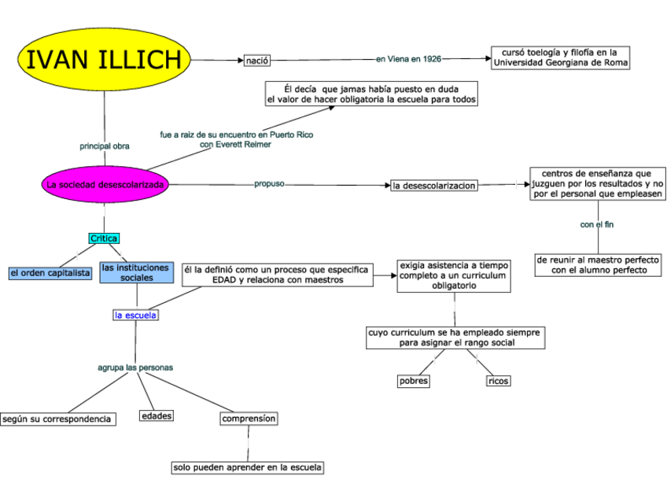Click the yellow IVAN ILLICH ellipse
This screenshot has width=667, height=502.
[104, 59]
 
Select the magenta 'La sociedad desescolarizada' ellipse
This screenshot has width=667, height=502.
[105, 185]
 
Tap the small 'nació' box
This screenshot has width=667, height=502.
[256, 60]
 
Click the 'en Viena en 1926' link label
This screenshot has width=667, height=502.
[408, 59]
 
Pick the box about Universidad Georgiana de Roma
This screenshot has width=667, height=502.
[561, 57]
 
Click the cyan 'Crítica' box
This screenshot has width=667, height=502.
[104, 238]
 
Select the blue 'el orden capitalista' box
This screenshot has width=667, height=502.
[50, 273]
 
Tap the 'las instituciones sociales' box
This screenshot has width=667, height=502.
[135, 273]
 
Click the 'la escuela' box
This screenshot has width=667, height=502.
[135, 316]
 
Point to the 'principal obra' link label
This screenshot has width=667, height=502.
[105, 146]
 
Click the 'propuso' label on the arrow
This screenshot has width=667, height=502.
[269, 183]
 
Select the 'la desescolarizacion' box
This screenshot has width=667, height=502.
[433, 186]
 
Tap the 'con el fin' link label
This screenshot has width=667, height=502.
[597, 225]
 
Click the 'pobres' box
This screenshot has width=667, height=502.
[414, 381]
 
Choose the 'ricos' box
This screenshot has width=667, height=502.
[498, 381]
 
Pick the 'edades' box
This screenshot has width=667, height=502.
[157, 415]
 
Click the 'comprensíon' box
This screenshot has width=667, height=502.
[249, 419]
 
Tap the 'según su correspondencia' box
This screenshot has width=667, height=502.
[57, 419]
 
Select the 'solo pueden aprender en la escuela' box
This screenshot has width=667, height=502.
[248, 467]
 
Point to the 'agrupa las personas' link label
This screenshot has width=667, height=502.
[135, 367]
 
